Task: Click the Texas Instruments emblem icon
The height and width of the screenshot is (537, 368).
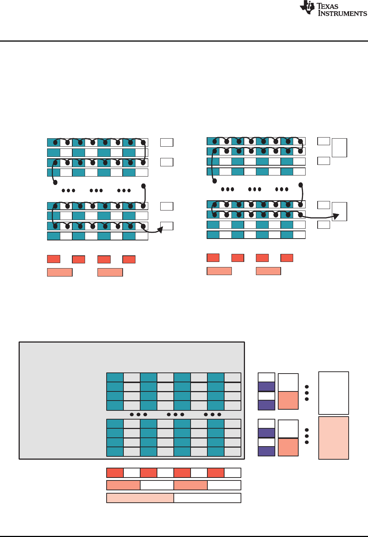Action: (x=307, y=8)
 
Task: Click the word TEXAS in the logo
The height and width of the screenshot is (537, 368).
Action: (x=327, y=6)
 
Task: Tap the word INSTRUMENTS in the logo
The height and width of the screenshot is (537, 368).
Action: (x=342, y=13)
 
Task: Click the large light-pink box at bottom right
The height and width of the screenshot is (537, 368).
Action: (x=334, y=438)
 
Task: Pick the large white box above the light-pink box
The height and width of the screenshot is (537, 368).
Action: (x=334, y=393)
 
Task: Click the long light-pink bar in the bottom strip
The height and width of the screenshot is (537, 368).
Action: (x=140, y=498)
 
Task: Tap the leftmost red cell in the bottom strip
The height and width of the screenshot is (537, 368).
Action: (x=115, y=473)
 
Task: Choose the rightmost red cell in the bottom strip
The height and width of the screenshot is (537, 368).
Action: (x=216, y=473)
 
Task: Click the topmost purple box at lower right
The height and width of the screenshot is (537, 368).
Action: (x=267, y=387)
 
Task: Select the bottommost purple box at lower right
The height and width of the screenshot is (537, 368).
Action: (x=267, y=451)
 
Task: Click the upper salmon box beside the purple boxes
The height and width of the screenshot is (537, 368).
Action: (x=288, y=400)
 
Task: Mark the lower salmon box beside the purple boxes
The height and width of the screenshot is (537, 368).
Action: (x=288, y=447)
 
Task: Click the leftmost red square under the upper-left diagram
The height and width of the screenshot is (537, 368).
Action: (x=54, y=259)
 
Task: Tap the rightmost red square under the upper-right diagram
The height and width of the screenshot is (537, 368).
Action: (x=287, y=258)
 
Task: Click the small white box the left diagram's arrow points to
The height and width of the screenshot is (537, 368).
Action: (x=167, y=226)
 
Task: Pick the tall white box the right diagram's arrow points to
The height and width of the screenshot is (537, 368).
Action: (x=340, y=212)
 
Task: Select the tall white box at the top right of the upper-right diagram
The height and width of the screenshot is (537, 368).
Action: (x=340, y=148)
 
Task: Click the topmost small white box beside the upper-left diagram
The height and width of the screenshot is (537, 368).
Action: (x=167, y=142)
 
